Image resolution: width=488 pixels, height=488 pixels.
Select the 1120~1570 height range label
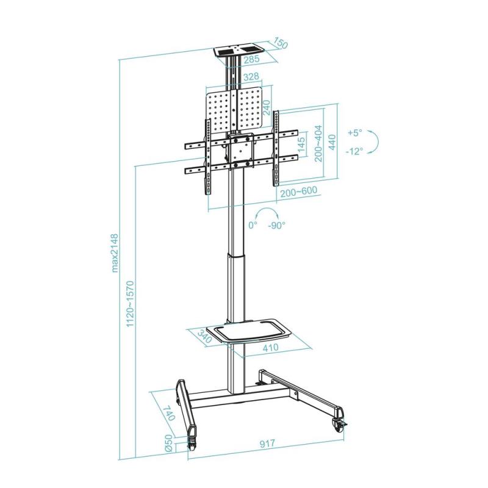click(129, 304)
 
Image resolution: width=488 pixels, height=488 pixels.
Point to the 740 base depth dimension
click(169, 415)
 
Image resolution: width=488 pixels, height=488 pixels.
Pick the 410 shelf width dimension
click(271, 348)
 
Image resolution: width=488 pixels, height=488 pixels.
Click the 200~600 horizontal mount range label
click(298, 191)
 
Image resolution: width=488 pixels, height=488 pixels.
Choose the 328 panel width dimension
click(251, 77)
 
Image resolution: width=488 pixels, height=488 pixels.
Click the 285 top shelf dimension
click(251, 60)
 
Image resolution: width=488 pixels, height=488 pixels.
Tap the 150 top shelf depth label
click(280, 45)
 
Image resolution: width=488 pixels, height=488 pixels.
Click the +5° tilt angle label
click(354, 132)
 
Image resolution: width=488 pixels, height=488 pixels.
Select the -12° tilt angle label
click(354, 151)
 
